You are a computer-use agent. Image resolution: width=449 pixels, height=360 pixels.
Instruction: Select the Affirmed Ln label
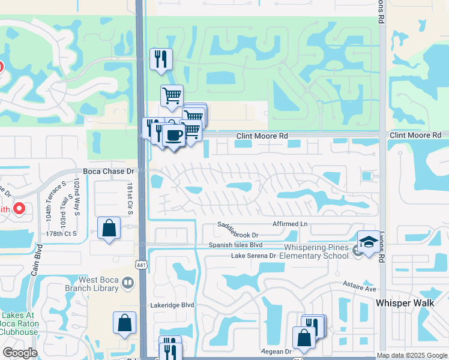tap(290, 224)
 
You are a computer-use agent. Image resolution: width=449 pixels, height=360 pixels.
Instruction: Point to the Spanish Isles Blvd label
tap(236, 245)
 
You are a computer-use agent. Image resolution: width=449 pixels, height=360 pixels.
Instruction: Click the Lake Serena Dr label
tap(253, 256)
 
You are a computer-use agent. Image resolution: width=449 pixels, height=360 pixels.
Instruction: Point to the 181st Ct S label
tap(129, 196)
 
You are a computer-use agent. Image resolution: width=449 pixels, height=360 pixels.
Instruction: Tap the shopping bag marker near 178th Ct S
tap(109, 228)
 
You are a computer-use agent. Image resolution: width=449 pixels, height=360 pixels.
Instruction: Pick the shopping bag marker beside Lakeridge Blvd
tap(124, 323)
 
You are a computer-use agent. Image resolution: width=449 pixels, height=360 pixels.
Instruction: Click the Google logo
tap(20, 353)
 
